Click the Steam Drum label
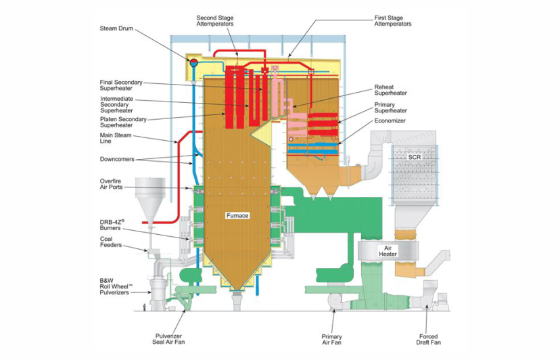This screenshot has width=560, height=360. pos(116,28)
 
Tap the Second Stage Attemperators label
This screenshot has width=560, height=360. pos(215,21)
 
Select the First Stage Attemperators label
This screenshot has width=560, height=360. pos(393,21)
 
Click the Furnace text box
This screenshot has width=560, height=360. pos(237,216)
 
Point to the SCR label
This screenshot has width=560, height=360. pos(415,157)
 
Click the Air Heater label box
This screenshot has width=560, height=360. pos(388,251)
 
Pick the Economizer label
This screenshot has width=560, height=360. pos(390,121)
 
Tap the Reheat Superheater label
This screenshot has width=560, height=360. pos(391,90)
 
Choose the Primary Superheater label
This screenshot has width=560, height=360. pos(391,108)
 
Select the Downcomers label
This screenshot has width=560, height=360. pos(117,159)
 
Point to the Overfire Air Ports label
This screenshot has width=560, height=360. pos(111,184)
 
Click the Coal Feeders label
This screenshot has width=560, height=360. pos(111,242)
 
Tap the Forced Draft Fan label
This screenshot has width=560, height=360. pos(429,339)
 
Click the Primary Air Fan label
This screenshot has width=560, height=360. pos(332,340)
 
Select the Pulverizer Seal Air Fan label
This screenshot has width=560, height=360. pos(168,339)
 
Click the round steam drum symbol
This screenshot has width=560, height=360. pos(193,62)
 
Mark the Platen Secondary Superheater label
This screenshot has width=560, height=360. pos(123,122)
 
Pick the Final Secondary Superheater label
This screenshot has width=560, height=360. pos(121,85)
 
